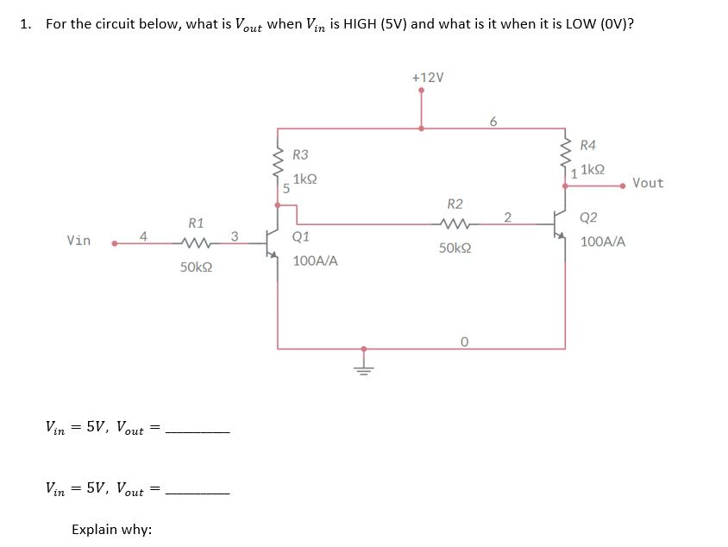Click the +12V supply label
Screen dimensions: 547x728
429,77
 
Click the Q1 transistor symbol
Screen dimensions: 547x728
273,243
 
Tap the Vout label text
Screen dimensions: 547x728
648,183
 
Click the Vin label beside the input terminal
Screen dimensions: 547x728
78,241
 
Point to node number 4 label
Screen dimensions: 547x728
144,234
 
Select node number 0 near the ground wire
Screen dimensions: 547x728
463,342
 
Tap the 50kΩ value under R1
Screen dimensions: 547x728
197,268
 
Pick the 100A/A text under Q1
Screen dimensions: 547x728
315,260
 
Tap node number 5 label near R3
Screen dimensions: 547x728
286,186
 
